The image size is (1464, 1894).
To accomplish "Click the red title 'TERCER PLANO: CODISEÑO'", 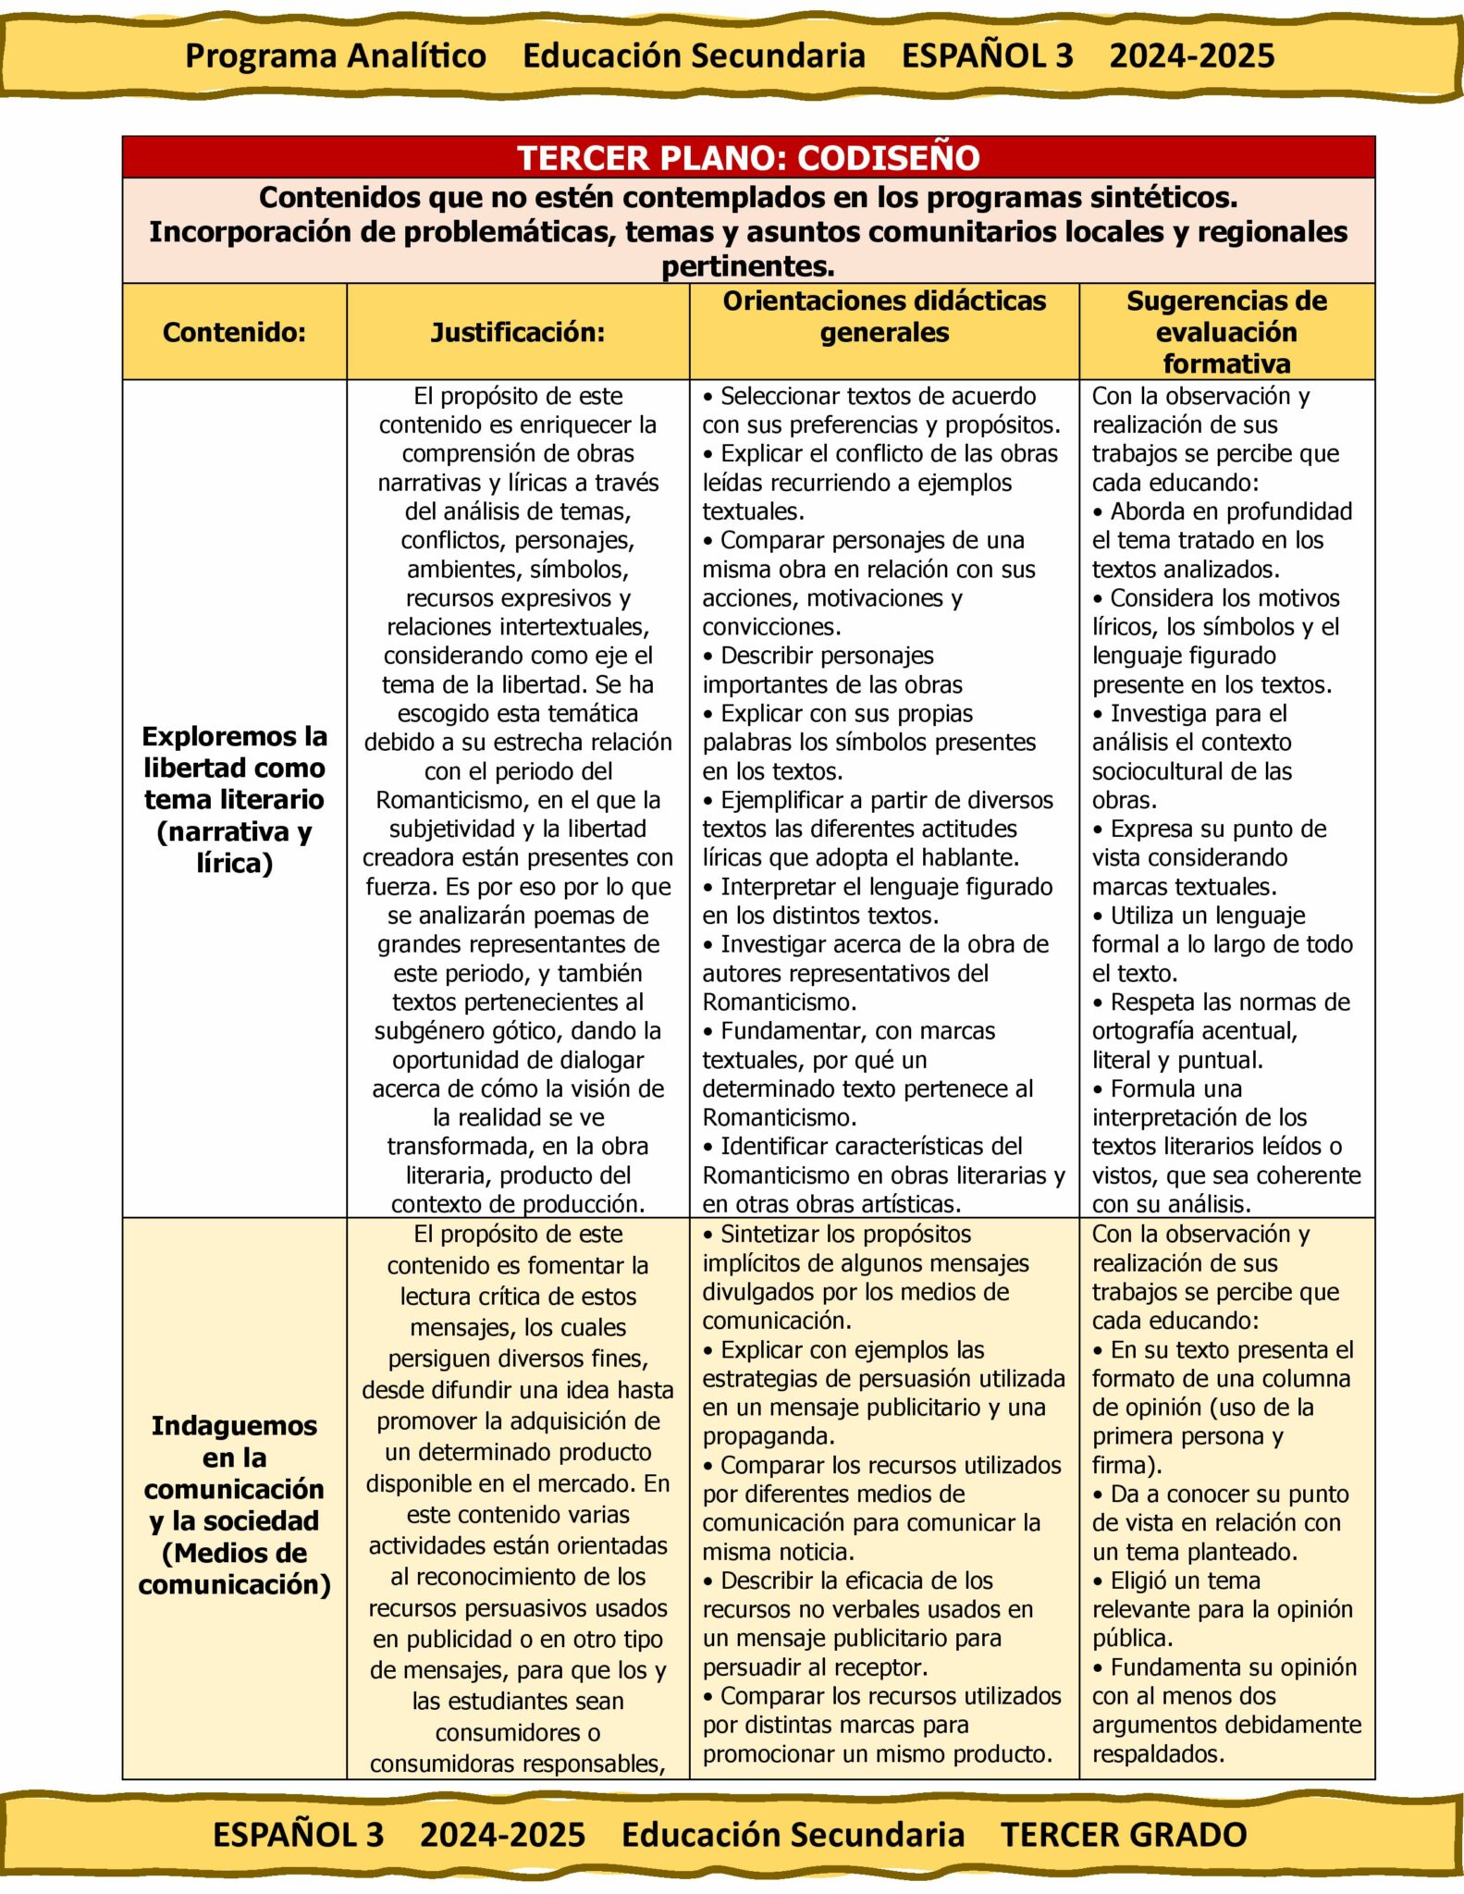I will click(x=747, y=157).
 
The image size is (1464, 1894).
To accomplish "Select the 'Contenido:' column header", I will click(x=234, y=332).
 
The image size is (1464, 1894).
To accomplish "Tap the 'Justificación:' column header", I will click(x=517, y=332).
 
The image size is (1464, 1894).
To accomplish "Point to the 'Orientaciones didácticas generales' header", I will click(x=884, y=316).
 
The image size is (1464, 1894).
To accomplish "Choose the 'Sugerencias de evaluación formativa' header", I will click(x=1226, y=332).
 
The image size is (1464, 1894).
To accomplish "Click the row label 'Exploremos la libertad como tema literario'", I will click(x=234, y=799).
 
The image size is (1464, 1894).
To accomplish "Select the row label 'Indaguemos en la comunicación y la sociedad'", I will click(x=234, y=1505).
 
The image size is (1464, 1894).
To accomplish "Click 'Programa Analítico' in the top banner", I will click(x=336, y=55).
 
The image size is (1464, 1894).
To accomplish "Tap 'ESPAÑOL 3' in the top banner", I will click(x=987, y=55).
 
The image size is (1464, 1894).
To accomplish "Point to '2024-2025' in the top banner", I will click(x=1191, y=55).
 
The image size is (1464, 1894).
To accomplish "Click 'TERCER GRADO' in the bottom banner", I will click(x=1124, y=1835).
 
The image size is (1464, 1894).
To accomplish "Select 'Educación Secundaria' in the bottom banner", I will click(x=793, y=1835).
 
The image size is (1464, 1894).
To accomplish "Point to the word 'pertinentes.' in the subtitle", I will click(x=747, y=266).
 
